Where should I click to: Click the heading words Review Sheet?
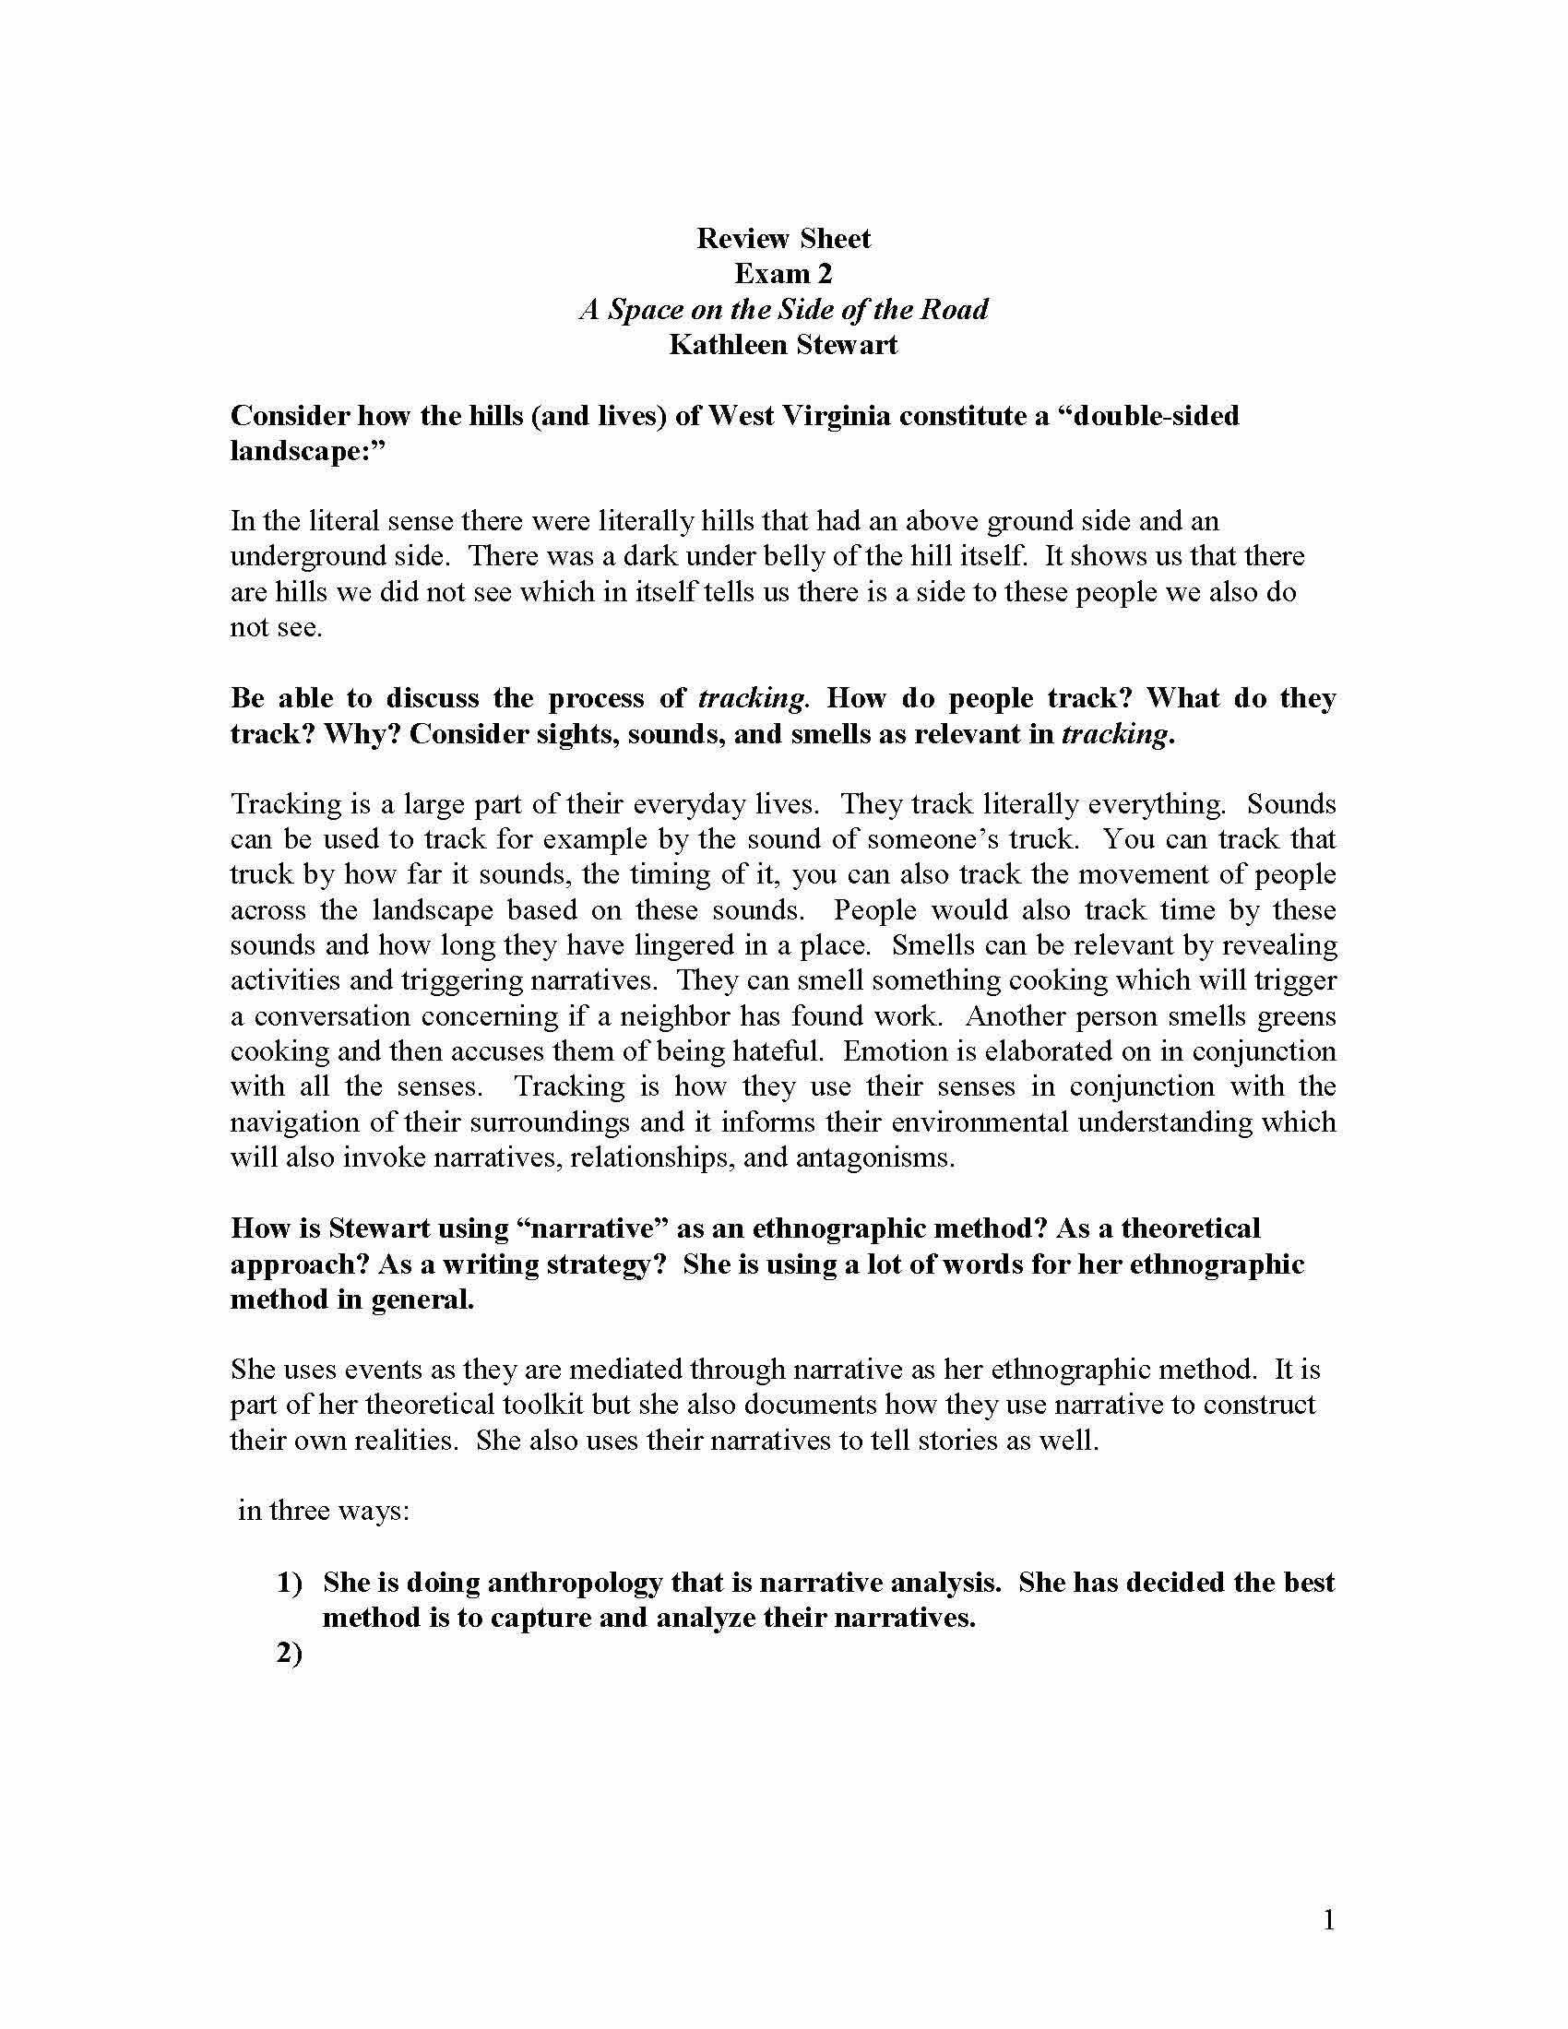click(x=783, y=239)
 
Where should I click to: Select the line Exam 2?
click(x=783, y=274)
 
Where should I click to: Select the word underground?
click(x=294, y=556)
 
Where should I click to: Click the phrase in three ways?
click(x=323, y=1511)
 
